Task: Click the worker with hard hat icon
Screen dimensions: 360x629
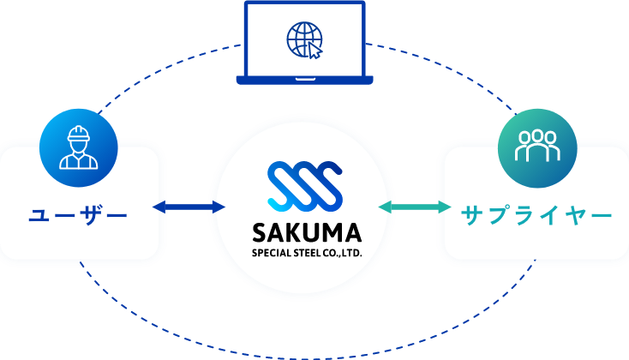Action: click(x=78, y=147)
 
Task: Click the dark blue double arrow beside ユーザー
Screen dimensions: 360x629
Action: click(x=189, y=207)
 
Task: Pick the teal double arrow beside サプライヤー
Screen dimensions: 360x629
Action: click(x=415, y=207)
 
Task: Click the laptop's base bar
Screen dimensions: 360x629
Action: click(x=304, y=81)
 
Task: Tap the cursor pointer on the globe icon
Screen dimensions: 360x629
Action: click(x=315, y=51)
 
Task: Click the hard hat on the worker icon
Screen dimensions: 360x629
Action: click(x=78, y=133)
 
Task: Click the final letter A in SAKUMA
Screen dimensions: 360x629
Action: click(x=352, y=232)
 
